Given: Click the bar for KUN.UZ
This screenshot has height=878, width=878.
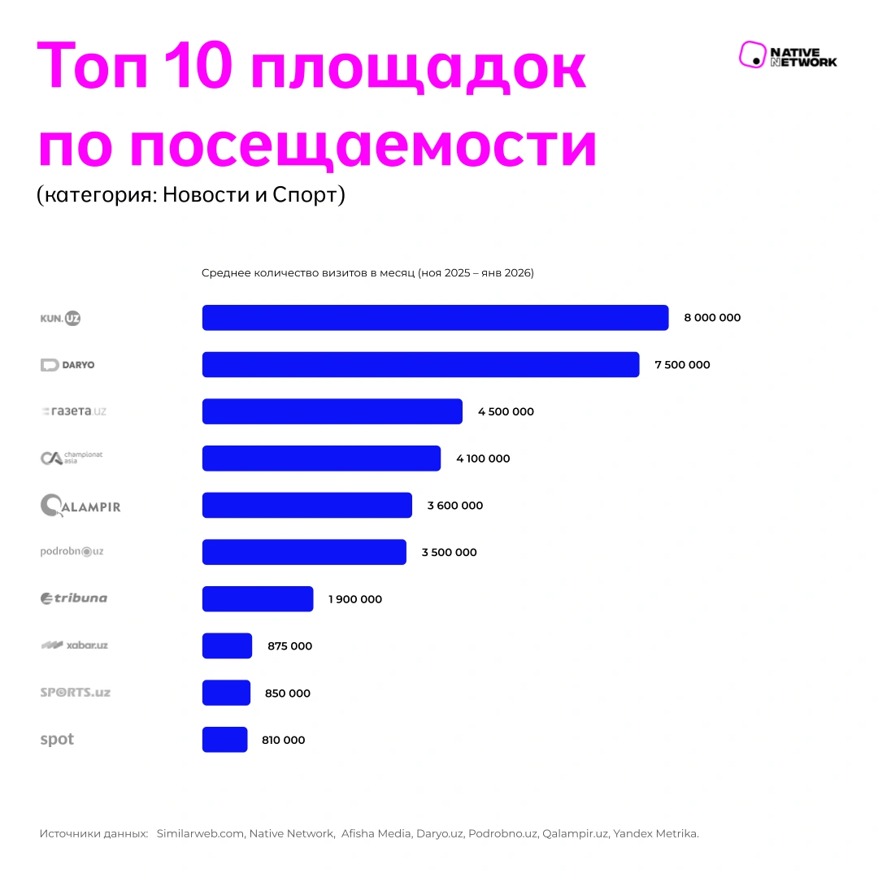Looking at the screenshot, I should coord(435,318).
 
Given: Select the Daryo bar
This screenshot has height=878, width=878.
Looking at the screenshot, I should coord(420,365).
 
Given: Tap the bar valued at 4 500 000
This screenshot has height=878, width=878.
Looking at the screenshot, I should coord(332,411).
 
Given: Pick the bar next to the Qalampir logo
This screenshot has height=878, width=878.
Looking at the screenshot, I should coord(306,505).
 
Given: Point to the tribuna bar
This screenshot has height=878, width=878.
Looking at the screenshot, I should coord(257,599).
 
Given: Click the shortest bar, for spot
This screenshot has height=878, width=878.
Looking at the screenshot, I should coord(224,740).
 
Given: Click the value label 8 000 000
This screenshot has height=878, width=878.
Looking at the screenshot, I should coord(712,318).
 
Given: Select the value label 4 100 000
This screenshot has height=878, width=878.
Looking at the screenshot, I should coord(483,459).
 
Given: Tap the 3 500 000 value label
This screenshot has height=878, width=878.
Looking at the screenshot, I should coord(449,553).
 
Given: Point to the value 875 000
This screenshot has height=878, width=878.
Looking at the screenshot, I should coord(289,646).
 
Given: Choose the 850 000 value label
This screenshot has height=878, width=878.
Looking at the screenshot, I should coord(288,693).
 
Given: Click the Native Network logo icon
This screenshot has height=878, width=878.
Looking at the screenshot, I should coord(753,55).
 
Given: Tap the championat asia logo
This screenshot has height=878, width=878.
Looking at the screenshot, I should coord(72,459).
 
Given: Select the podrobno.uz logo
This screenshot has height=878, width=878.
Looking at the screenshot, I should coord(72,552).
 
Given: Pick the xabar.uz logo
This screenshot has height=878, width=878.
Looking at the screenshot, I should coord(74,645).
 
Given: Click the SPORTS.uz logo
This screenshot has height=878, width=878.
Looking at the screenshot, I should coord(75,693).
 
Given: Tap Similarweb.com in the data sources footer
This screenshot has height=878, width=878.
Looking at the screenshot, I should coord(200,833).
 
